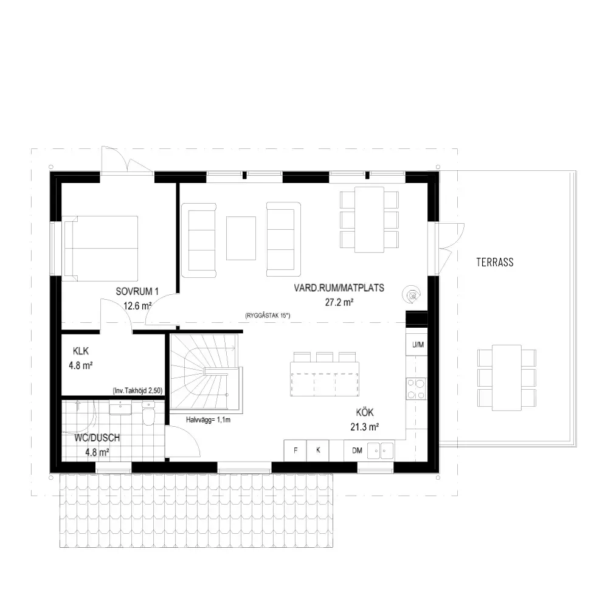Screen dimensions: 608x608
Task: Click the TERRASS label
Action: [495, 262]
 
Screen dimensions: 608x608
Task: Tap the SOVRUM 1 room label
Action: [137, 291]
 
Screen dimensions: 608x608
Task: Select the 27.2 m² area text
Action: [339, 302]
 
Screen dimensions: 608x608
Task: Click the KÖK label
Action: [364, 412]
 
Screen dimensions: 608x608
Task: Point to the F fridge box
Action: [295, 451]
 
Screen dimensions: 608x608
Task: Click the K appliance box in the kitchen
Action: [318, 451]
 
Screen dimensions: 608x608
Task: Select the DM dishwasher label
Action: [357, 451]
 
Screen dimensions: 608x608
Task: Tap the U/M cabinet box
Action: [417, 344]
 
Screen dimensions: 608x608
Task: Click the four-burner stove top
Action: [416, 389]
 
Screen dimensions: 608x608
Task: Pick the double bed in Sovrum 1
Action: [100, 248]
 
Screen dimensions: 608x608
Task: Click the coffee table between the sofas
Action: [241, 238]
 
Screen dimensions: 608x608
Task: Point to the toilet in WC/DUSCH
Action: [148, 413]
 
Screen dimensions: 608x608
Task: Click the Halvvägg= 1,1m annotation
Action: [208, 420]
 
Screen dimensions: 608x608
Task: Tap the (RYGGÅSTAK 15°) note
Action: [268, 315]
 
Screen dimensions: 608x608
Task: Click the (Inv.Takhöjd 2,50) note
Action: [137, 391]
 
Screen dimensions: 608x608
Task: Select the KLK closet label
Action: [81, 351]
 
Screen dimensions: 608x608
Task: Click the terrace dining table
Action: [506, 378]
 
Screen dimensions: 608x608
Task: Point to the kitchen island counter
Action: [325, 379]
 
